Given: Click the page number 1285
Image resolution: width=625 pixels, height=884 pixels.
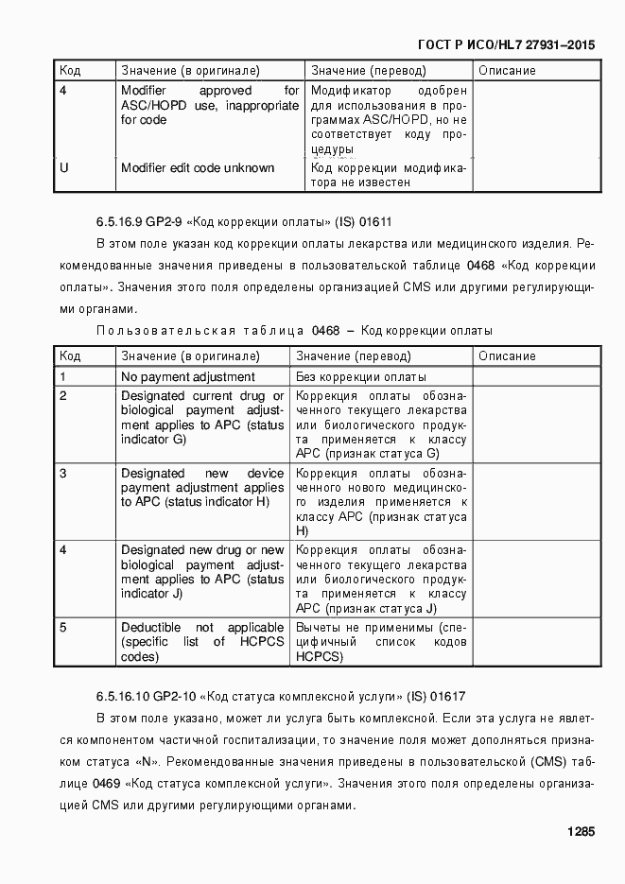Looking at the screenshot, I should coord(581,832).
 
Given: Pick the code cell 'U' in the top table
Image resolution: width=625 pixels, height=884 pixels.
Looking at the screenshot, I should coord(63,167).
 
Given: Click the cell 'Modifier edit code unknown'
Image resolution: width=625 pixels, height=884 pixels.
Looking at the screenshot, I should coord(198,167).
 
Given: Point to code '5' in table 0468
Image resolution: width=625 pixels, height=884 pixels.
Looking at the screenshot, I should coord(62,627).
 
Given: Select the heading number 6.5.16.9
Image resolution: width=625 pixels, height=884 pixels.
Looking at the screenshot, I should coord(119,223).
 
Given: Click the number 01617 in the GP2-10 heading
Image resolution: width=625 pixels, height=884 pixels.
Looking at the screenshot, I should coord(448,696).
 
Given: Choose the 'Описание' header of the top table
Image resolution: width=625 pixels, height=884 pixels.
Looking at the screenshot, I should coord(507,71).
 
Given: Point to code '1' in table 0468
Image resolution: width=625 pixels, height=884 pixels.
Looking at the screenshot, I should coord(62,377).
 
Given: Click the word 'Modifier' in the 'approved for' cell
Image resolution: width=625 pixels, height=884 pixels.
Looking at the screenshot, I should coord(144,91).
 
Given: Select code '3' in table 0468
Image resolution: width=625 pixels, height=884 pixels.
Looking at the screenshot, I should coord(62,473).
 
